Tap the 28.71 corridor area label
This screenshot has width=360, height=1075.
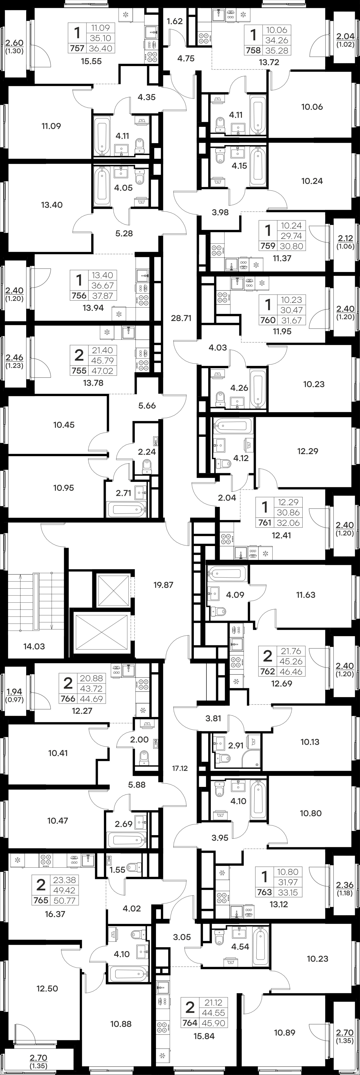[181, 318]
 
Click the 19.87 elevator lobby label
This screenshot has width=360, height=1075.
[163, 585]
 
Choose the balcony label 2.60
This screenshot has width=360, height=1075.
[15, 42]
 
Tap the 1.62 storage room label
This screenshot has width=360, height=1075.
[174, 21]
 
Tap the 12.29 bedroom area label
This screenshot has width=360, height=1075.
[308, 451]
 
